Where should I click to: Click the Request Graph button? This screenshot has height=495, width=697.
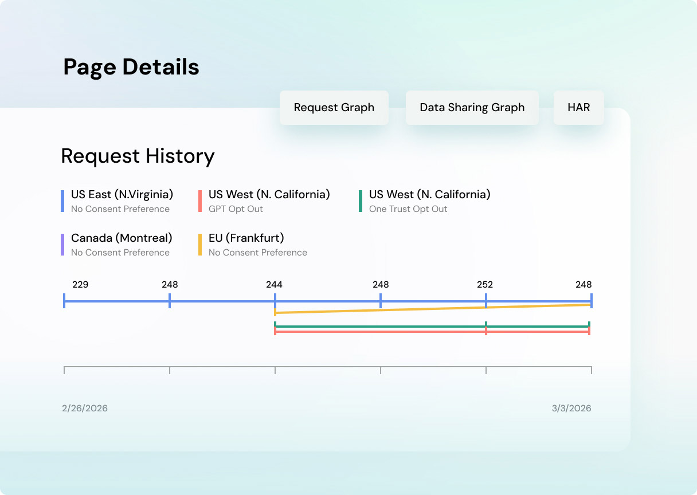[334, 108]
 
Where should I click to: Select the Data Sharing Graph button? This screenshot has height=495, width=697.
[472, 108]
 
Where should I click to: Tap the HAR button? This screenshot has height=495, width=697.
[578, 108]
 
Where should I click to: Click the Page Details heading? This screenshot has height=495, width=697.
[131, 67]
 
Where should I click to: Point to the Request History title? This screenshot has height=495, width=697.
[138, 156]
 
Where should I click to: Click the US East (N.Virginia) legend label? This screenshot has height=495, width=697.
[122, 195]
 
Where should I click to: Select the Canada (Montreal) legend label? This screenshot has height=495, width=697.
[122, 238]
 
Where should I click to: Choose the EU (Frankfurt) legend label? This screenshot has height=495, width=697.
[246, 238]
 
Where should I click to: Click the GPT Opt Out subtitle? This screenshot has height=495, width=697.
[236, 209]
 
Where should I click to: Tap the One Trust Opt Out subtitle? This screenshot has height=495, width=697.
[408, 209]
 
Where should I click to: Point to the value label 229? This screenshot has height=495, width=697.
[80, 285]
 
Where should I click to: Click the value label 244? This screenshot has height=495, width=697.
[274, 285]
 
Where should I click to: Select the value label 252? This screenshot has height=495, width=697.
[485, 285]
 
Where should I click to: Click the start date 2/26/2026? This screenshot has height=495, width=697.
[85, 408]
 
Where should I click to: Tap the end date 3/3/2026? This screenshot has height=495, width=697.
[571, 408]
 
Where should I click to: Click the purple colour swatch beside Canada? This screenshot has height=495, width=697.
[62, 244]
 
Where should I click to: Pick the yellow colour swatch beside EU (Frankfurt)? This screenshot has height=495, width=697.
[200, 244]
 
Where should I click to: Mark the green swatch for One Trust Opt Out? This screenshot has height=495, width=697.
[361, 201]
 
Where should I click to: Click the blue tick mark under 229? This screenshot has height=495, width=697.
[64, 301]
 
